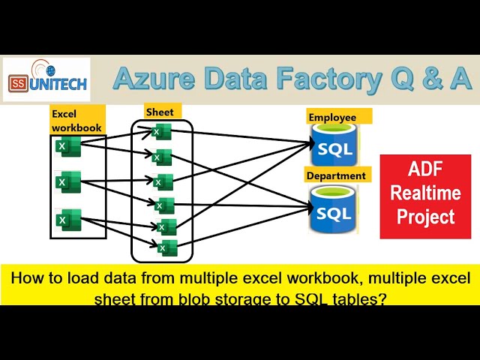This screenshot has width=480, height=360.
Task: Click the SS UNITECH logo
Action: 46,80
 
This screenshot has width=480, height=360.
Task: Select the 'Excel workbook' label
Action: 76,121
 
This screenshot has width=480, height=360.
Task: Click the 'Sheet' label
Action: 160,112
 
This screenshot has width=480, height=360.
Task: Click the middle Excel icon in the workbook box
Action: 68,181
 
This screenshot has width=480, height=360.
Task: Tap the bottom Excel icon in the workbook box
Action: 70,219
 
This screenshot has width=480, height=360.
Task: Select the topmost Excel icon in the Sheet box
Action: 161,132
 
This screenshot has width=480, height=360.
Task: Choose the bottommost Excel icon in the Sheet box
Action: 166,246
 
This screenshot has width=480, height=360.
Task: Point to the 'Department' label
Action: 337,175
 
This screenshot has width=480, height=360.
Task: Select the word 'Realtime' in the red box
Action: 425,193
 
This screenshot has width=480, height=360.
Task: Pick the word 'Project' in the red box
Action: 425,217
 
